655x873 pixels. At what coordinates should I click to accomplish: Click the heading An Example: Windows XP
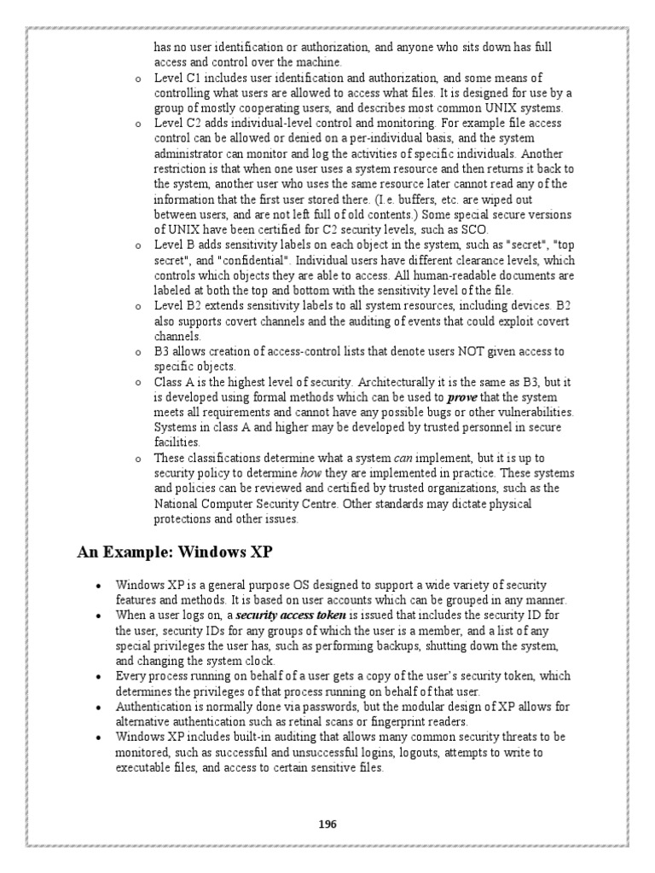(175, 552)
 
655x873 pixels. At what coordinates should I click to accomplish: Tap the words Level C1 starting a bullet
(177, 78)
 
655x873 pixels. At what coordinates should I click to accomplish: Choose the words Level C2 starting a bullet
(177, 124)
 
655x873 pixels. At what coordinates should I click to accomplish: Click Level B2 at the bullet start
(177, 306)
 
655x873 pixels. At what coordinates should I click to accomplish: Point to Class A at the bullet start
(176, 382)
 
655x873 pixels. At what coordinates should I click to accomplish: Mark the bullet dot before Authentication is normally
(99, 707)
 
